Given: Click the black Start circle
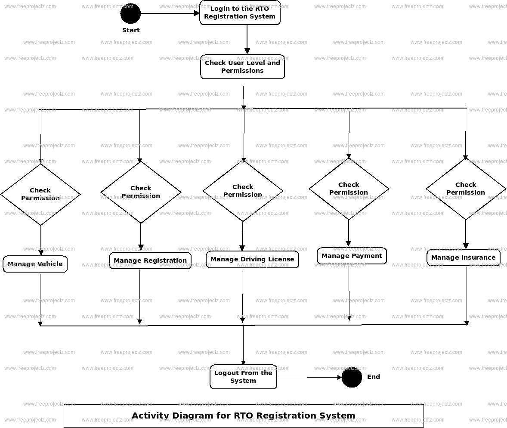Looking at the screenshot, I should [x=130, y=13].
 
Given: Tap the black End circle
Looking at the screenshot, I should [x=352, y=377].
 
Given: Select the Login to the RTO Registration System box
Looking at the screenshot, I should [x=240, y=13].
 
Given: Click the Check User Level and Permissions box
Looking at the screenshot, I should [x=242, y=67].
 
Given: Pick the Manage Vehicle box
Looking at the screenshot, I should [x=35, y=264].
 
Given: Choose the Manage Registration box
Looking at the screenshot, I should [x=150, y=261].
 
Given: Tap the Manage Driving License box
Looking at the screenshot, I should [x=252, y=259].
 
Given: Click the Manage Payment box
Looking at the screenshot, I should [x=352, y=256].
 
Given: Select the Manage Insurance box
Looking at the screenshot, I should [x=463, y=257].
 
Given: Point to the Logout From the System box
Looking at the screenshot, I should [x=243, y=377].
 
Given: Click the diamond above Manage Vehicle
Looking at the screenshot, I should [x=40, y=194].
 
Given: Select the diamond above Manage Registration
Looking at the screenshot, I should [x=141, y=192].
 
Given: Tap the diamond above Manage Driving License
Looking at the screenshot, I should [x=243, y=191].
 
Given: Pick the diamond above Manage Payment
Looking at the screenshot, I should [x=349, y=189].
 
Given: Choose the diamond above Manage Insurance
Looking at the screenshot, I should [x=466, y=189].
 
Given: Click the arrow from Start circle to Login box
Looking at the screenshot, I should [x=170, y=13].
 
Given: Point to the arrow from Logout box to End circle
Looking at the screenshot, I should [x=309, y=378].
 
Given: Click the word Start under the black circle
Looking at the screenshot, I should [x=131, y=30].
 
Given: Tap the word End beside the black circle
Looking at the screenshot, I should [x=373, y=377].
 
